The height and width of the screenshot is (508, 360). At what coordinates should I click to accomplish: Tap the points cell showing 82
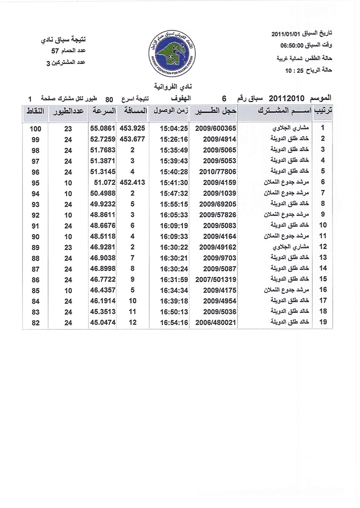(x=36, y=322)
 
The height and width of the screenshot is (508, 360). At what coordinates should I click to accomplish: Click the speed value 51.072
(x=104, y=181)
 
